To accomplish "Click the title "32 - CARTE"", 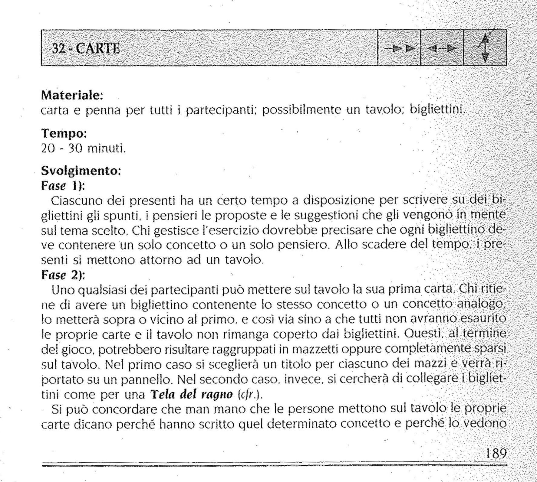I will [x=86, y=48].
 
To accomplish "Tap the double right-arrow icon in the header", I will [x=399, y=48].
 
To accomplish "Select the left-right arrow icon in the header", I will [x=442, y=48].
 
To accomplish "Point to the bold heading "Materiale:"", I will [x=72, y=95].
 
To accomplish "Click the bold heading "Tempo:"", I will [x=64, y=133].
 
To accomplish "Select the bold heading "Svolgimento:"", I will [x=81, y=171].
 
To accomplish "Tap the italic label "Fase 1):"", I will [x=63, y=185].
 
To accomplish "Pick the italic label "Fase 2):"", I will [x=63, y=275].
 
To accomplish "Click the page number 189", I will [x=496, y=454].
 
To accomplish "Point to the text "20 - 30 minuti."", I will [x=83, y=148].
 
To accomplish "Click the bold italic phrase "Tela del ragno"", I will [x=191, y=394].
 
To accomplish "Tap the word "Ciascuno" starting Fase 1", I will [x=77, y=200].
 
